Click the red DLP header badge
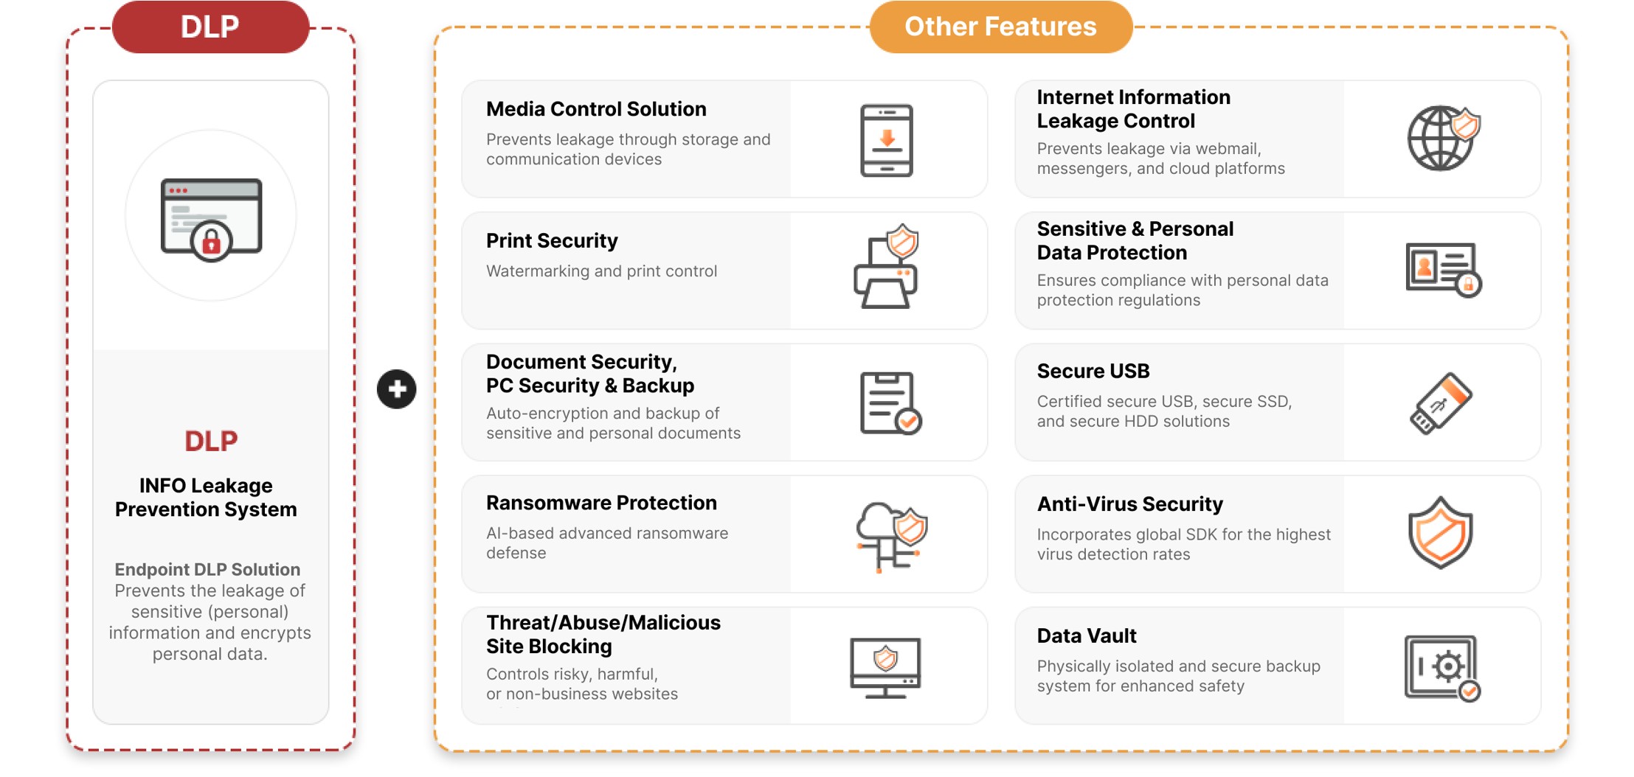click(210, 27)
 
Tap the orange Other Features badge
click(1000, 27)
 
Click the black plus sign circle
click(397, 389)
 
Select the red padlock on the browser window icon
click(211, 241)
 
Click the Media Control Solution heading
click(596, 109)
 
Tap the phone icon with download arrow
click(887, 140)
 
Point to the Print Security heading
click(552, 241)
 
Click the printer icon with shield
click(886, 267)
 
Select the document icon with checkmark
click(890, 403)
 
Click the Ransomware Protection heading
click(601, 503)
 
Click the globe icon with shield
click(1443, 139)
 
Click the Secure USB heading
click(1093, 372)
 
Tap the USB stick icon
click(1441, 403)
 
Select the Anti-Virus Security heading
click(1130, 504)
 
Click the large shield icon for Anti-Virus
click(1441, 532)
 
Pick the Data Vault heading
click(1087, 636)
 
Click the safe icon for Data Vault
click(1442, 668)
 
